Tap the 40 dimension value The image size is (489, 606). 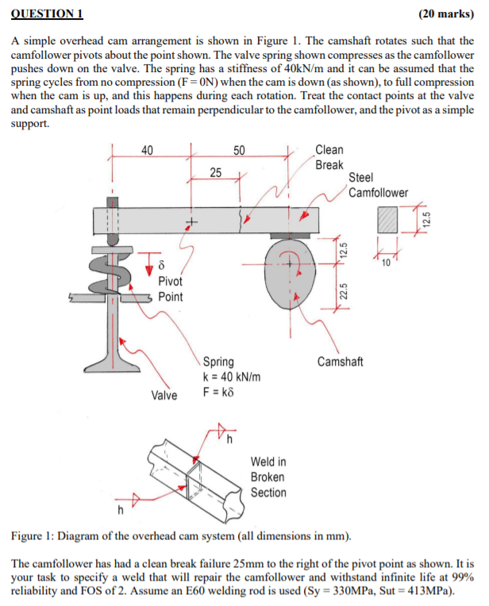pos(147,150)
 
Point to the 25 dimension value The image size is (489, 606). pos(216,172)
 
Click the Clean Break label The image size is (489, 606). pos(329,157)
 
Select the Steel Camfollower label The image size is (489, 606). pos(379,186)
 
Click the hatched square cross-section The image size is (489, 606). pos(388,220)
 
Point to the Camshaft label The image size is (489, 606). pos(340,362)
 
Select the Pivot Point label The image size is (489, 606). pos(170,289)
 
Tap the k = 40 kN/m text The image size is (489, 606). pos(233,377)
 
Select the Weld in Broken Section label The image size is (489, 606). pos(268,478)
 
